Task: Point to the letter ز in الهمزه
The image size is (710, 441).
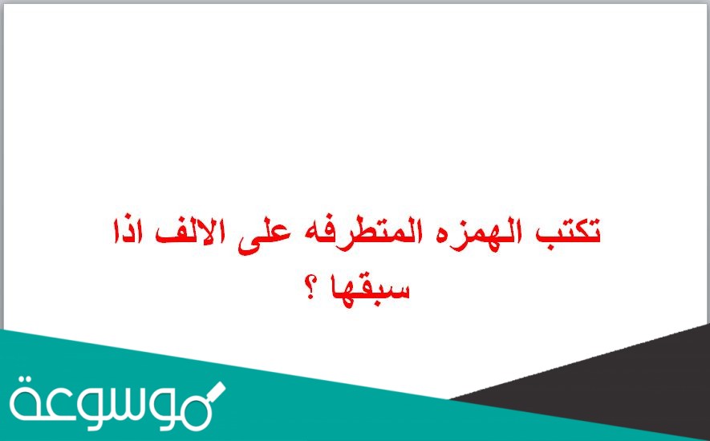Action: pyautogui.click(x=475, y=241)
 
